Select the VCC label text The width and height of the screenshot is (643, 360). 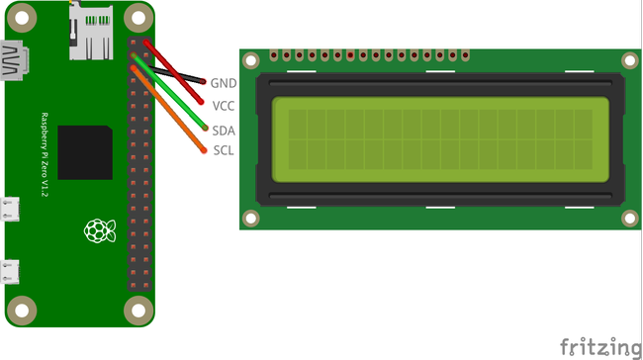[x=224, y=105]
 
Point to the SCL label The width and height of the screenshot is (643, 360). [x=224, y=150]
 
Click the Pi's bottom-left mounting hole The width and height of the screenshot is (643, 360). [x=23, y=314]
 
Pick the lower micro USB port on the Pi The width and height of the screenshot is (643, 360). [x=12, y=271]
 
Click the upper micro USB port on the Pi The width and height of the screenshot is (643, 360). [x=12, y=211]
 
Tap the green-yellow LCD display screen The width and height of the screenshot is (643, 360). [x=439, y=139]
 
